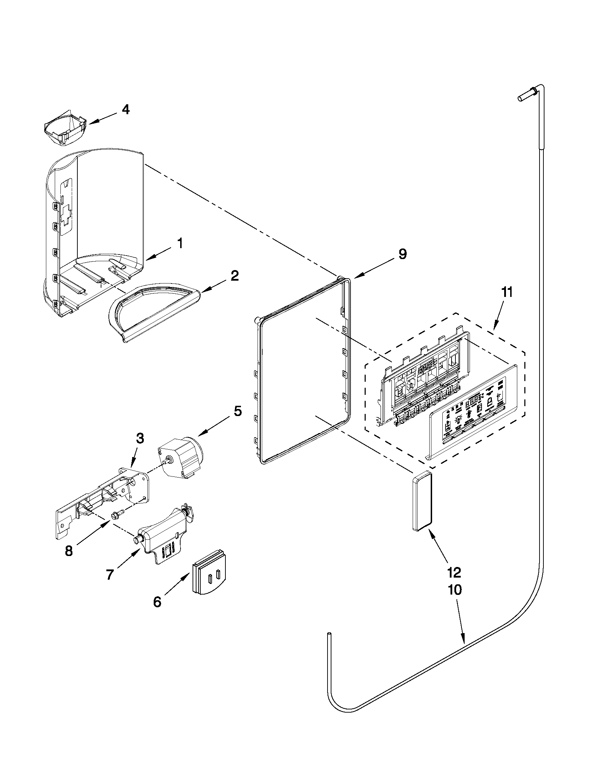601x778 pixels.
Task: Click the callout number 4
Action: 125,109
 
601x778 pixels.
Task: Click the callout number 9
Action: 402,255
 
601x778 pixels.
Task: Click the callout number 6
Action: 157,602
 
